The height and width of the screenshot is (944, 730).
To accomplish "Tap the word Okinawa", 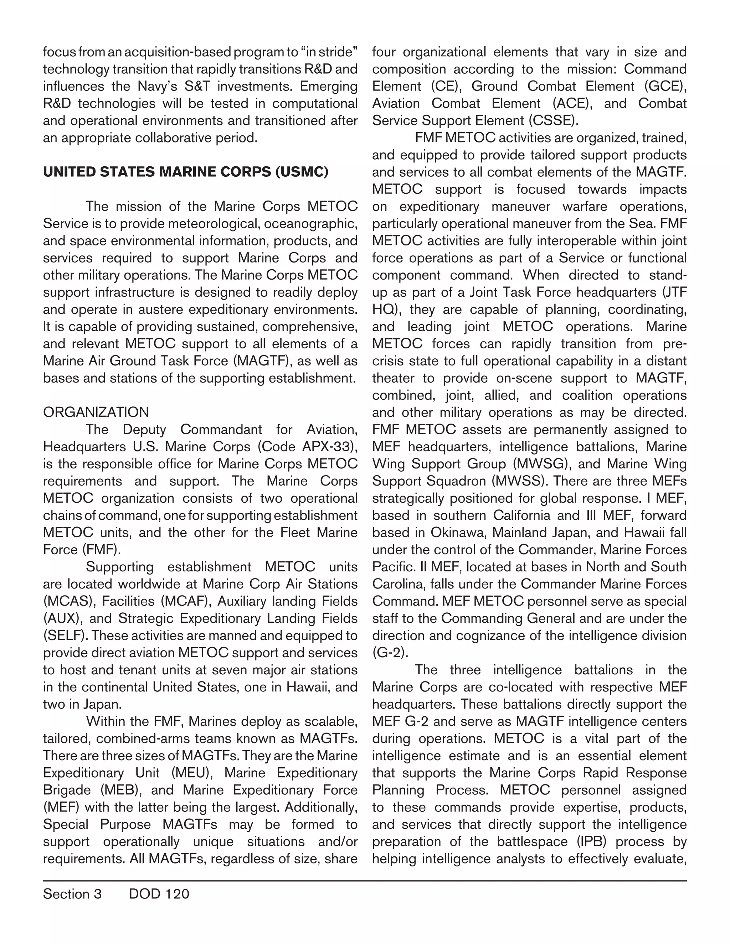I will (x=458, y=533).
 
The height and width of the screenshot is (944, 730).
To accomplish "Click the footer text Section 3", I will (x=72, y=893).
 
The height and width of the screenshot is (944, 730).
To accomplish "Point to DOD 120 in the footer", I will (x=159, y=893).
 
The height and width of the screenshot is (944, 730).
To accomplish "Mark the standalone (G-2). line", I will (x=390, y=653).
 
